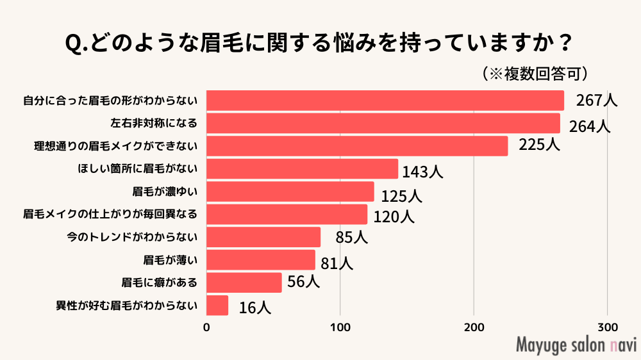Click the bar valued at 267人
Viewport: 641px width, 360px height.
[x=385, y=101]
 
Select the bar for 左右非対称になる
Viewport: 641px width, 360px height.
[x=383, y=123]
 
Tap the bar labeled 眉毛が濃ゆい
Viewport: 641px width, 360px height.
[x=290, y=192]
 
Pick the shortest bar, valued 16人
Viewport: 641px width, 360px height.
[x=217, y=306]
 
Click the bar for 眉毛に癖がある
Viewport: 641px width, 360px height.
[x=244, y=282]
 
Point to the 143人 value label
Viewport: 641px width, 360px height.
[x=422, y=172]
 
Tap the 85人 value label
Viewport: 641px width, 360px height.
[x=351, y=238]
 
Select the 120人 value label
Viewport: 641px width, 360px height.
[x=394, y=217]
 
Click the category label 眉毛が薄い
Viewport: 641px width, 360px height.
[x=170, y=260]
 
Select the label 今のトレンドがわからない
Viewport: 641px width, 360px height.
[x=132, y=237]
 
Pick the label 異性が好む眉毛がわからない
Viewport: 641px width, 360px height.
[x=126, y=306]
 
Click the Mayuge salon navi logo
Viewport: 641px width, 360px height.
[x=576, y=344]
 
